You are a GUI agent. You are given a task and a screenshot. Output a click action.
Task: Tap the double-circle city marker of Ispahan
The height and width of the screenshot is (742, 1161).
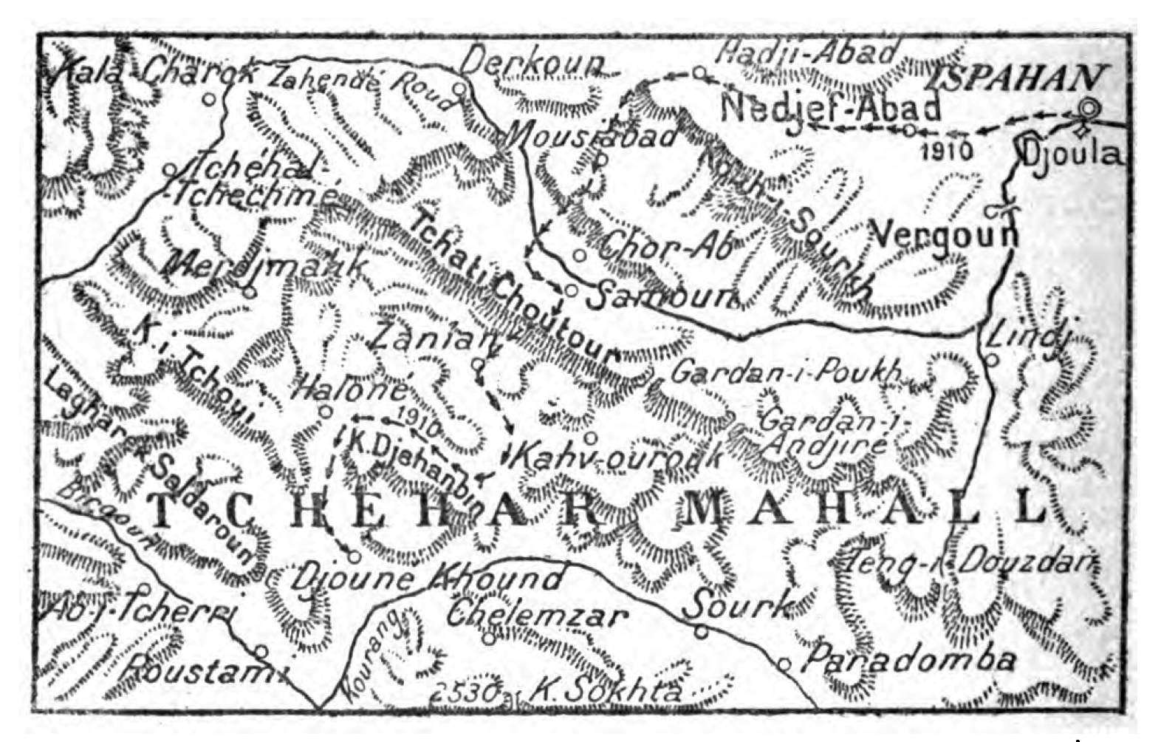[1089, 109]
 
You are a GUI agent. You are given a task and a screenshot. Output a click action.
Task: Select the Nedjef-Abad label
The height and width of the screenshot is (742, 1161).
[831, 109]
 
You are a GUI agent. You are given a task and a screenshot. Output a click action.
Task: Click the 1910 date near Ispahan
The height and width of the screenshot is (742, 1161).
[948, 152]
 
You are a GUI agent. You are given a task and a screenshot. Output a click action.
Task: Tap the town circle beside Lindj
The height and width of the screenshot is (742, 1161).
[992, 361]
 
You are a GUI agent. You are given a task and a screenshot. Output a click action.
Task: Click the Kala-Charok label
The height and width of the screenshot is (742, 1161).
[151, 73]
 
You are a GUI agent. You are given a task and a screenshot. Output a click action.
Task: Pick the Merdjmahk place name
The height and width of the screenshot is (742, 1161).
[262, 265]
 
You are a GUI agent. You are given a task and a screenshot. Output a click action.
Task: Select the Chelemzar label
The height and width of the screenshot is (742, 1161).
[537, 615]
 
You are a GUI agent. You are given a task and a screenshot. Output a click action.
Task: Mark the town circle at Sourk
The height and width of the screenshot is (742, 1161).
[701, 632]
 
